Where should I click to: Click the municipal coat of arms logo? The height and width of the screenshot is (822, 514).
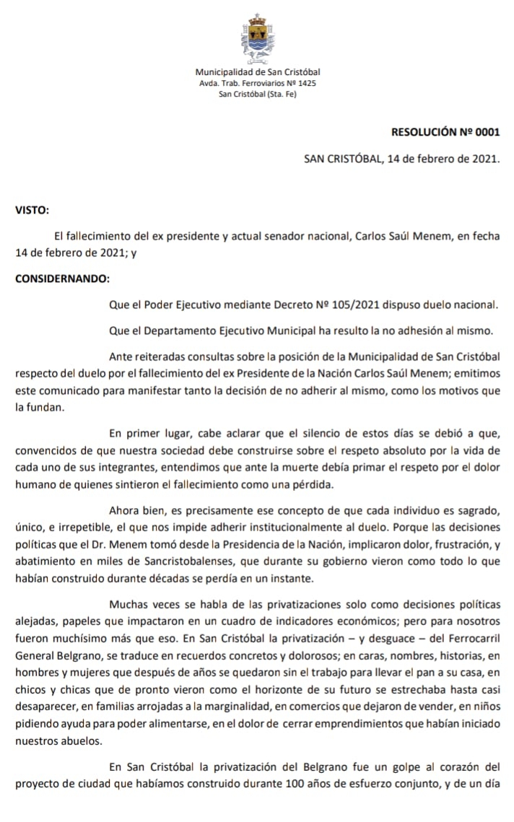click(257, 39)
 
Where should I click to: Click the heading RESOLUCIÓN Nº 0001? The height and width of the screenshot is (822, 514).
click(445, 132)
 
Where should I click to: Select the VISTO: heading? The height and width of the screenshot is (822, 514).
click(32, 211)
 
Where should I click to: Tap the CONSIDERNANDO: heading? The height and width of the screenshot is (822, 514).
click(63, 279)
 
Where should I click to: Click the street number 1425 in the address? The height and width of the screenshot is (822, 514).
click(306, 83)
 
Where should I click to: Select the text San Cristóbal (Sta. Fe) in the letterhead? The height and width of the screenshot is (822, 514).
click(258, 95)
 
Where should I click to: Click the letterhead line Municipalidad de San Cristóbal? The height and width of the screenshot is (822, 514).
click(258, 71)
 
